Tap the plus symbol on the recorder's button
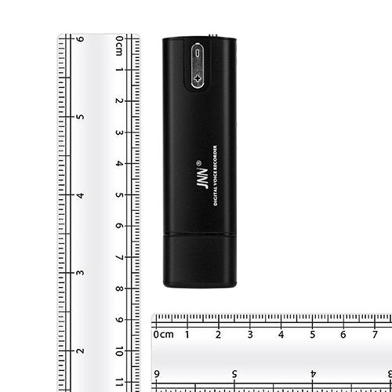coord(198,78)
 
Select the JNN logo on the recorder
coord(202,178)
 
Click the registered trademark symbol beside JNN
coord(198,163)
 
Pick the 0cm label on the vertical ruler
coord(119,45)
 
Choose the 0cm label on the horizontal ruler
coord(163,334)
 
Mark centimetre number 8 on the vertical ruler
coord(119,289)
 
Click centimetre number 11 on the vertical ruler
coord(119,382)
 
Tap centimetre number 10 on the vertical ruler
coord(119,351)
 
